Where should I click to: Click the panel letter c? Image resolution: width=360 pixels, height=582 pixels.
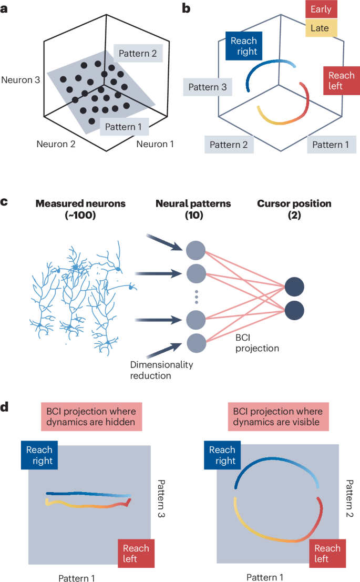4,200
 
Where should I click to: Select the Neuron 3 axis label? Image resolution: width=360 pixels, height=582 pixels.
21,80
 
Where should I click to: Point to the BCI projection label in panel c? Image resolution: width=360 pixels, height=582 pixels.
258,342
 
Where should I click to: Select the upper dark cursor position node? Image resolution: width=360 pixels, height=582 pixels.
294,287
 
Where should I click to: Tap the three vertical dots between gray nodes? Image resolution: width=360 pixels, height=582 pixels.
196,298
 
